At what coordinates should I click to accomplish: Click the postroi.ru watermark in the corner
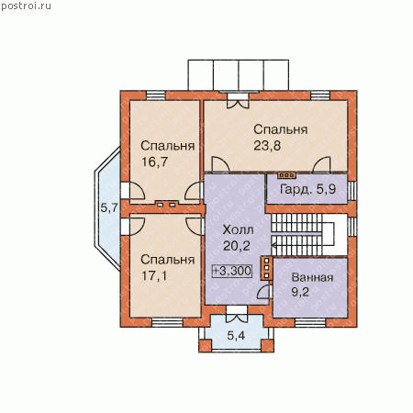tap(26, 6)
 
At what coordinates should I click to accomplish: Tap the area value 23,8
tap(267, 146)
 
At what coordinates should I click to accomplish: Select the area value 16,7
tap(155, 162)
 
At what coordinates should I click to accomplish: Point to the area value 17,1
tap(154, 276)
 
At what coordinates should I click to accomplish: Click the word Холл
tap(238, 229)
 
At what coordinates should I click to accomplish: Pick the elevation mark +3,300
tap(232, 271)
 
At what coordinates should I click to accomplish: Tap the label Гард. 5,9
tap(307, 189)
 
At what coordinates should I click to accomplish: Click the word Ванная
tap(312, 277)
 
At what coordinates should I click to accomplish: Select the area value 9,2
tap(300, 292)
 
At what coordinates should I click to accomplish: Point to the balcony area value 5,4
tap(236, 336)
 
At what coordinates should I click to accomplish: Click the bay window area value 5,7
tap(109, 208)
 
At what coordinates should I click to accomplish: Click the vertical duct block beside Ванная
tap(266, 268)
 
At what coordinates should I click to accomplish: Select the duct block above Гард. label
tap(286, 175)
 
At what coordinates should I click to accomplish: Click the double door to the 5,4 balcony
tap(237, 314)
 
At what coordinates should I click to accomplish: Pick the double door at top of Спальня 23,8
tap(238, 100)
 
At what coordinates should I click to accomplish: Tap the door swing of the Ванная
tap(264, 292)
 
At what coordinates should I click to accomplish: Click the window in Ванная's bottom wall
tap(310, 322)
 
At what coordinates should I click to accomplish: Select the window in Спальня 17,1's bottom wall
tap(167, 322)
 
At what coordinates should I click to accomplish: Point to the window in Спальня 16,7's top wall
tap(156, 95)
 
